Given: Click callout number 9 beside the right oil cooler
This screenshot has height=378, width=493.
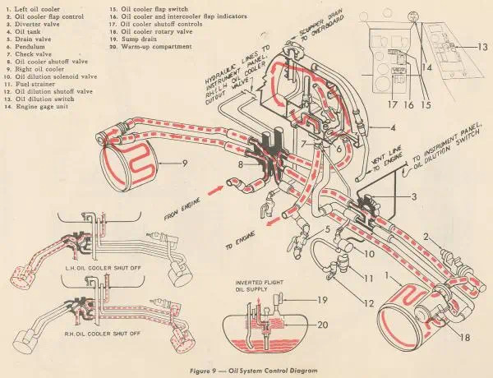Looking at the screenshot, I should pos(185,164).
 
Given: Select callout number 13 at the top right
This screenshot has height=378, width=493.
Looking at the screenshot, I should pos(482,48).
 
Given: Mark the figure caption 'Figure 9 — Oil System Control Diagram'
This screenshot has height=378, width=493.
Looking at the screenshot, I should pos(246,371).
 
